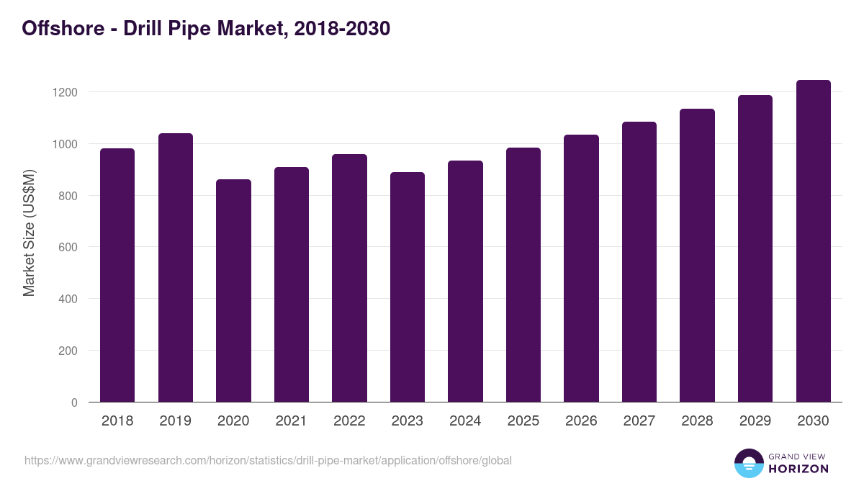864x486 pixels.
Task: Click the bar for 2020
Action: [x=233, y=291]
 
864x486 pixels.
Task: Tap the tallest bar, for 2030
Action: [x=813, y=241]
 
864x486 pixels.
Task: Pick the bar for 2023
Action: [x=408, y=287]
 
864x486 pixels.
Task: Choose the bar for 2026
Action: [x=581, y=269]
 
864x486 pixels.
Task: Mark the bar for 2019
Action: [x=176, y=268]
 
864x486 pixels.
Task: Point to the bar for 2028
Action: [x=697, y=256]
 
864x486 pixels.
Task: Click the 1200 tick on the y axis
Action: [x=65, y=92]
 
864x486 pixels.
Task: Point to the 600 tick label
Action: [x=68, y=247]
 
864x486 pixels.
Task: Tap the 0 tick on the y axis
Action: [x=74, y=402]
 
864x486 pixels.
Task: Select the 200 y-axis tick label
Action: [x=68, y=351]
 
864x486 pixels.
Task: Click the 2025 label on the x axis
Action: [x=523, y=421]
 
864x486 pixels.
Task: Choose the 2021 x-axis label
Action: [x=292, y=421]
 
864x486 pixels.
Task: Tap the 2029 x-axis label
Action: [x=755, y=421]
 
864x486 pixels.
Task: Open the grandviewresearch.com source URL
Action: [x=268, y=460]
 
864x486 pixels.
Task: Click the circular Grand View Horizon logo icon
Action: [x=749, y=463]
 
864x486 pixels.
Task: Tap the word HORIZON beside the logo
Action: [x=797, y=469]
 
